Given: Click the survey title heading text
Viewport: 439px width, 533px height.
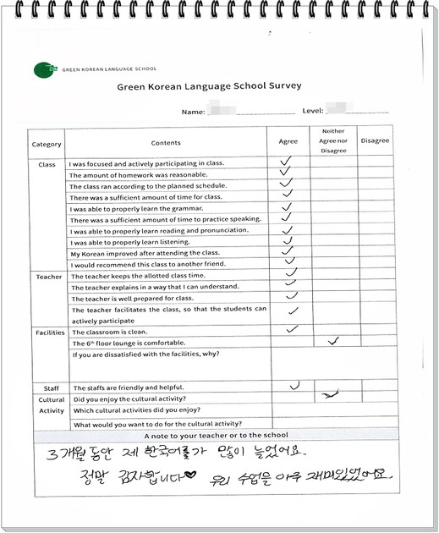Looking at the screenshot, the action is point(208,86).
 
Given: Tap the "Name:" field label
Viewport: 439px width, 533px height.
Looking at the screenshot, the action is point(193,111).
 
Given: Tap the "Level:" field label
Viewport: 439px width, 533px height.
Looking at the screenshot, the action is point(313,111).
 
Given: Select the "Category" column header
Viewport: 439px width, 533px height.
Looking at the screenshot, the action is point(47,144).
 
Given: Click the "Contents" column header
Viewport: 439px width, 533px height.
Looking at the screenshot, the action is point(166,143).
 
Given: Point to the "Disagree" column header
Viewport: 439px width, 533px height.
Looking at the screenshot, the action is point(374,140).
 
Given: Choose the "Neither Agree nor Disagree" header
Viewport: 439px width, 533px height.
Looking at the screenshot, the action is point(333,141).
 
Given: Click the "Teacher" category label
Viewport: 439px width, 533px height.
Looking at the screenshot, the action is point(48,277).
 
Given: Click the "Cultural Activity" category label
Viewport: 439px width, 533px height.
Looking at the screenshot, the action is point(51,404).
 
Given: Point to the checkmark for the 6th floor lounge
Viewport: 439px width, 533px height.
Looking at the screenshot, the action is point(333,341).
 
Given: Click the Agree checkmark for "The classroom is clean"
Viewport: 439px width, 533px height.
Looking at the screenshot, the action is point(293,328).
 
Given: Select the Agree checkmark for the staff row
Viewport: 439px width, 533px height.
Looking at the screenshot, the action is point(294,386).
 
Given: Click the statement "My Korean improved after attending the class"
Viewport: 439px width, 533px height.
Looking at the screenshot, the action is point(145,253).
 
